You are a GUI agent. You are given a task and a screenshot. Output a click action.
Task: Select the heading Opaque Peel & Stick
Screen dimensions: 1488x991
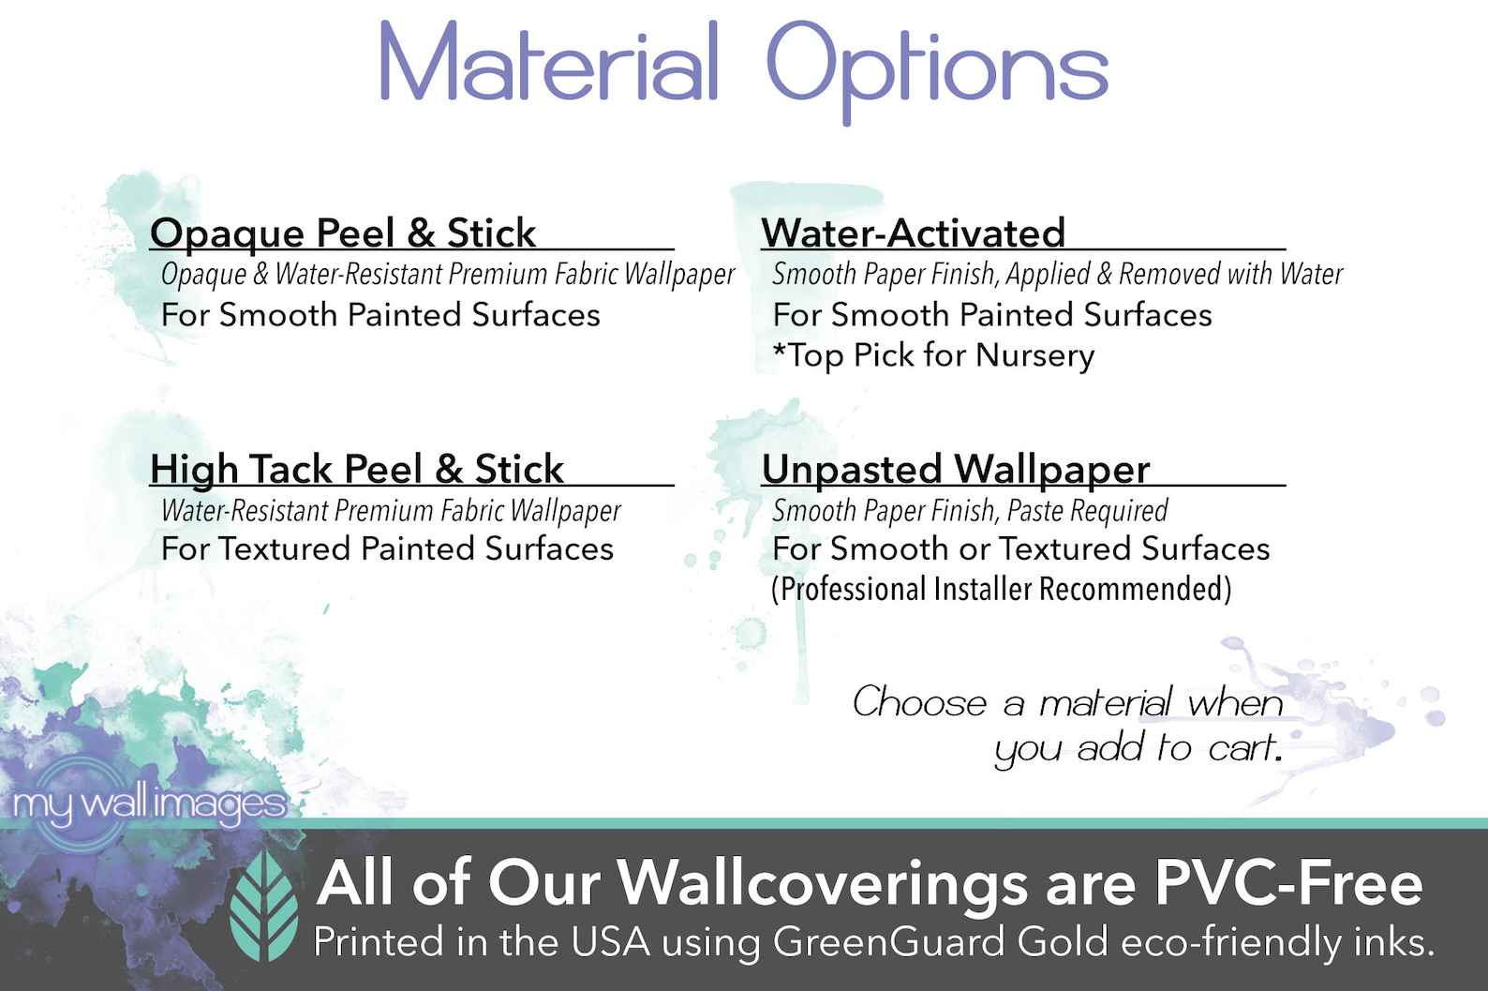[343, 234]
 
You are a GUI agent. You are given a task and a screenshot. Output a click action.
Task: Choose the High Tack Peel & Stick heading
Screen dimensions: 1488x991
[357, 470]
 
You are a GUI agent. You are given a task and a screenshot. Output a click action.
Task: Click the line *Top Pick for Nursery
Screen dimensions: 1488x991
[933, 355]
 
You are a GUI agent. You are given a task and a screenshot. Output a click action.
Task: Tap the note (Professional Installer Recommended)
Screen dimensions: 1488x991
[1001, 590]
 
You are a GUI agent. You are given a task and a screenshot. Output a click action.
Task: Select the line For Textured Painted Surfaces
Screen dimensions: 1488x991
[387, 548]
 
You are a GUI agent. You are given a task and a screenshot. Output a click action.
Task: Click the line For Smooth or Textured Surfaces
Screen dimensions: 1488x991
[1021, 548]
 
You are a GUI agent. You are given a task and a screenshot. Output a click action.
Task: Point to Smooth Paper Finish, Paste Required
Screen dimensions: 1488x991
[970, 510]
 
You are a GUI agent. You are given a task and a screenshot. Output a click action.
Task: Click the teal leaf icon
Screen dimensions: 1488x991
[263, 906]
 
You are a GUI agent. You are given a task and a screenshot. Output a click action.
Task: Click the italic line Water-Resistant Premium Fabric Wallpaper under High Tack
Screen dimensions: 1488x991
[392, 510]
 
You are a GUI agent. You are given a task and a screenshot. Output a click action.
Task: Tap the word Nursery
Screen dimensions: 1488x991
[1035, 356]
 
